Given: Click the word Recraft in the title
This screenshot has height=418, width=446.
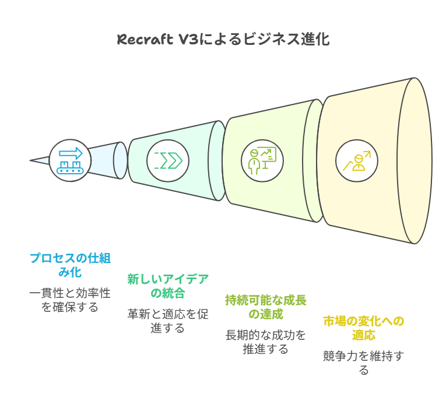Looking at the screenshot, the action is click(145, 39).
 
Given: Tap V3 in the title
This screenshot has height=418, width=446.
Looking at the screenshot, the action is click(188, 39).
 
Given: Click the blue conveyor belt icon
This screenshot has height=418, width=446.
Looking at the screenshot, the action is click(70, 161).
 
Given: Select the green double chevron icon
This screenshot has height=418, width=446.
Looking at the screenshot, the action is click(168, 161).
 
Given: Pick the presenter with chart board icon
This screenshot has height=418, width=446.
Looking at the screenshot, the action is click(262, 161).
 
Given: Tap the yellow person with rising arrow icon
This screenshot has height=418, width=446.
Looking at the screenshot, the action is click(357, 161).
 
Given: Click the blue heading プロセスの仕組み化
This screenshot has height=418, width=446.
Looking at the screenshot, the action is click(70, 265).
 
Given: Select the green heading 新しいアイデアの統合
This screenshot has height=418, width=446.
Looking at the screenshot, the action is click(168, 286).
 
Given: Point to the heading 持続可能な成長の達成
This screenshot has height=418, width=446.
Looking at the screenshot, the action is click(266, 307).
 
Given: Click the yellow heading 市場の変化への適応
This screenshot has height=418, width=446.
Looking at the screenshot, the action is click(364, 328).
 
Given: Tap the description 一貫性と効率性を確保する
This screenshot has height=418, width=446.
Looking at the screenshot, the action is click(70, 300).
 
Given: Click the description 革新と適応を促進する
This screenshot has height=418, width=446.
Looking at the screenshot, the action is click(168, 321).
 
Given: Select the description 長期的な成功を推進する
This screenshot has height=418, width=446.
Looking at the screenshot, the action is click(266, 342).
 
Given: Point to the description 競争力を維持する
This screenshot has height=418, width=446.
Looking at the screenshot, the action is click(364, 363).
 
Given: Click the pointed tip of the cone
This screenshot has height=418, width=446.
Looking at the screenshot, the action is click(30, 161).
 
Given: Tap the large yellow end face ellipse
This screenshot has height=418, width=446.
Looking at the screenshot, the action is click(415, 161).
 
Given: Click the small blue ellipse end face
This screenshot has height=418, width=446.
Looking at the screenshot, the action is click(120, 161).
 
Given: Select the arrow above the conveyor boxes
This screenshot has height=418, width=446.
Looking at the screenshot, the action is click(71, 153).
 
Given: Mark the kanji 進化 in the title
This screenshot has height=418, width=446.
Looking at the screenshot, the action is click(315, 39).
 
